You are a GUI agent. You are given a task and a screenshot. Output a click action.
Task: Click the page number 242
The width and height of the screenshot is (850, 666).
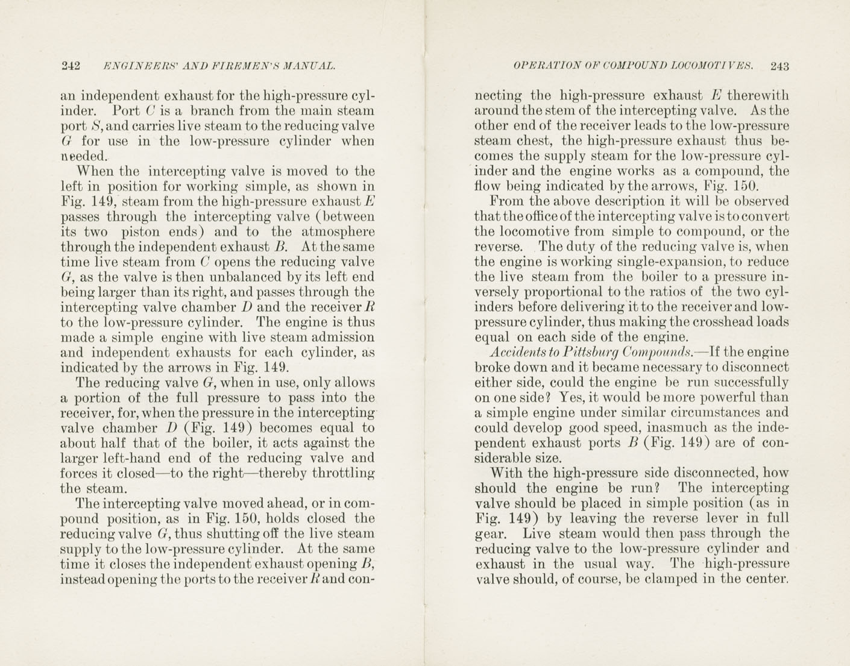(x=71, y=66)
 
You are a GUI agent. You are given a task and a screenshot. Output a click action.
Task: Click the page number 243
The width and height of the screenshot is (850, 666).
(x=779, y=66)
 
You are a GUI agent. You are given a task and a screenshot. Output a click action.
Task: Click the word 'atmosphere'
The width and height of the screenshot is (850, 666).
(x=338, y=232)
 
